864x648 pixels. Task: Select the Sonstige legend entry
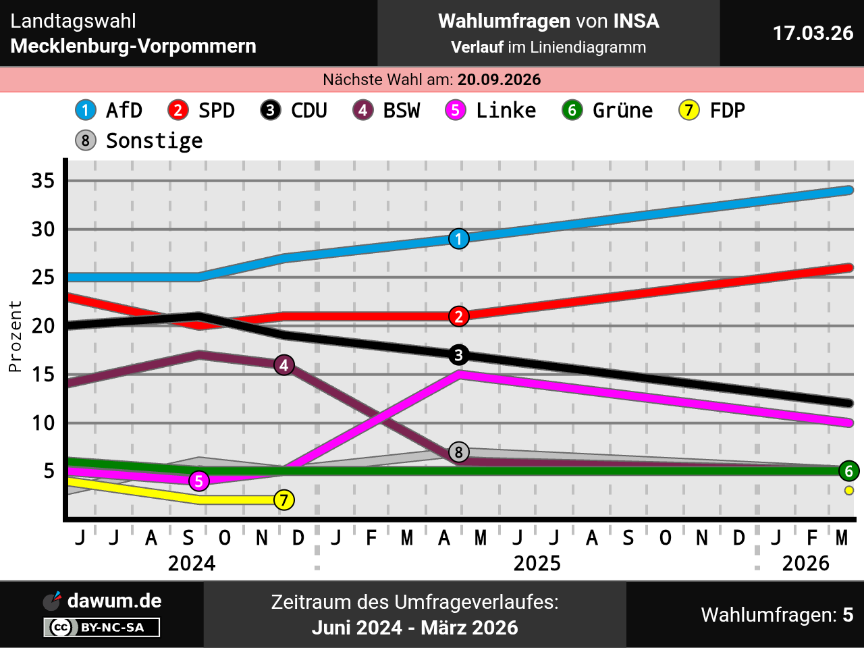coord(139,140)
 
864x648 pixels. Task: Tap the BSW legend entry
coord(387,110)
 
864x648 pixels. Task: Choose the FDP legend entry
coord(712,110)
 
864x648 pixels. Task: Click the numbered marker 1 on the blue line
coord(459,239)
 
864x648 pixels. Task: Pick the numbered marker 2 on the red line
coord(459,317)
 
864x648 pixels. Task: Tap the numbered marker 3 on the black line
coord(459,355)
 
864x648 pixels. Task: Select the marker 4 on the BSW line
coord(284,365)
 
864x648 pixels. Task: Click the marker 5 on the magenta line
coord(198,481)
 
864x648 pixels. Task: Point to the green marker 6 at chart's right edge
coord(849,471)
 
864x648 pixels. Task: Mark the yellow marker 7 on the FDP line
coord(284,500)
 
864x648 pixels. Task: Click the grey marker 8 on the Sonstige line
coord(459,452)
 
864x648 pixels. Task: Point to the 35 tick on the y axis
coord(43,181)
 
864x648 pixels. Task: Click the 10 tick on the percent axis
coord(43,423)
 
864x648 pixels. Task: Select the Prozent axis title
coord(15,336)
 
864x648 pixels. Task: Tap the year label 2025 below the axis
coord(537,563)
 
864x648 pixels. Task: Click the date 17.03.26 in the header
coord(813,33)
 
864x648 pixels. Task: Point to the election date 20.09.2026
coord(499,80)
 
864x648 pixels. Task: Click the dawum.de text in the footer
coord(114,601)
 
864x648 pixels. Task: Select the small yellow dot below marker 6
coord(849,491)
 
